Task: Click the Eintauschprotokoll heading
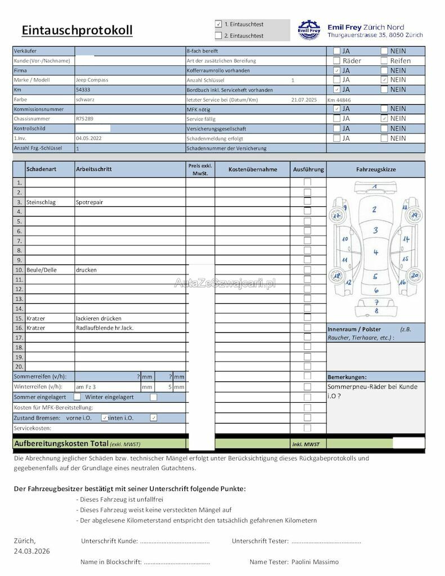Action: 77,30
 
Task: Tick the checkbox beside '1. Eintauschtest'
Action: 218,25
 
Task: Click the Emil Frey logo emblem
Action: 308,30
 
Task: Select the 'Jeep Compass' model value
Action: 92,80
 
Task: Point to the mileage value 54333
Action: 83,89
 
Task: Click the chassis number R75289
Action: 84,119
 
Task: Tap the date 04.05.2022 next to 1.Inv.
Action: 88,138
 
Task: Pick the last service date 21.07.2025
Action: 304,100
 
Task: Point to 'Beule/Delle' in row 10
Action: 41,270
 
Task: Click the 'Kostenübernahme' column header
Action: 253,169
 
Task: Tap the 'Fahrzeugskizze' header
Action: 376,169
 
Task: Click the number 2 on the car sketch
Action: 374,210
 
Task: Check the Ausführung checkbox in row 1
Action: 307,182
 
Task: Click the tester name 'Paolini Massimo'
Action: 316,562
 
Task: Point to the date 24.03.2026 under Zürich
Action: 32,551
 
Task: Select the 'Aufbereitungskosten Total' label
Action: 61,443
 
